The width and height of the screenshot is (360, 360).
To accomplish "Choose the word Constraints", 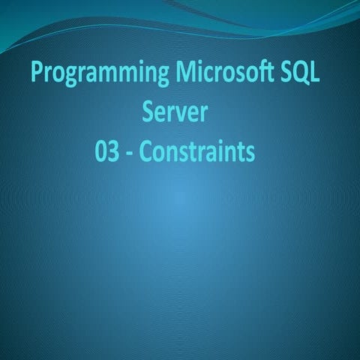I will (x=199, y=151).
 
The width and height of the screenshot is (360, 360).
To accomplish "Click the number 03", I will (x=109, y=151).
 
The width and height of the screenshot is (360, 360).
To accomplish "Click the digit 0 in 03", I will (x=101, y=151).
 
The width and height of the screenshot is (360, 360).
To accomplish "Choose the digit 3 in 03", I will (x=116, y=151).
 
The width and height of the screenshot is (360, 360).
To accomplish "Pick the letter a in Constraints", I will (x=212, y=153).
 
